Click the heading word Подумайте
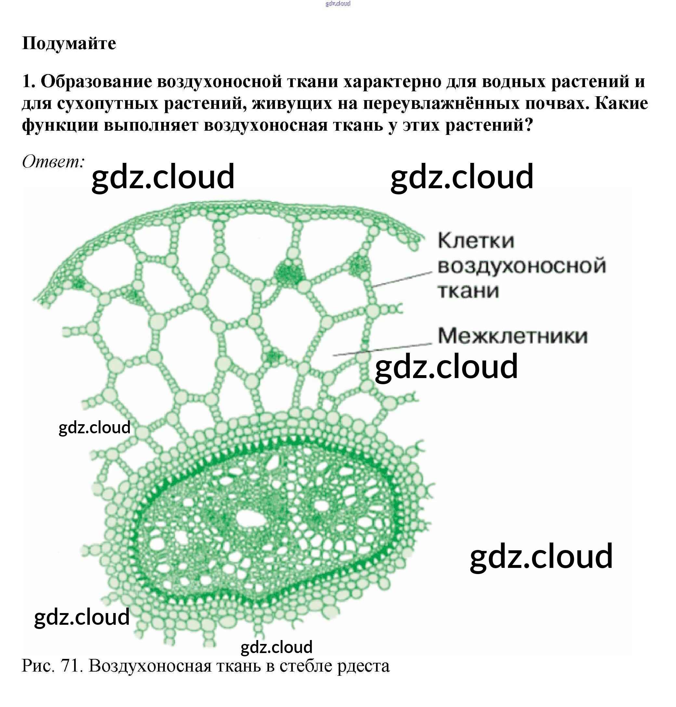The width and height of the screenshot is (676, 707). coord(69,44)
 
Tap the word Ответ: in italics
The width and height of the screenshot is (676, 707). coord(53,162)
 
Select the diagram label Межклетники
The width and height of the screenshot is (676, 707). coord(513,336)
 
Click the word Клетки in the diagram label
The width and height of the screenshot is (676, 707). coord(476,241)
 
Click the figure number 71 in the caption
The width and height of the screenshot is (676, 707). coord(70,666)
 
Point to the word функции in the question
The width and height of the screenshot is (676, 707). coord(60,125)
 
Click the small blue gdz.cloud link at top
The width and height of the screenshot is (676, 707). coord(338,4)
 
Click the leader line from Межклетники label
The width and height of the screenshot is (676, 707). coord(382,350)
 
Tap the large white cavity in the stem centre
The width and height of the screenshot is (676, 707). coord(250,519)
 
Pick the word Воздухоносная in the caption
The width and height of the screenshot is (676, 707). coord(150,666)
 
